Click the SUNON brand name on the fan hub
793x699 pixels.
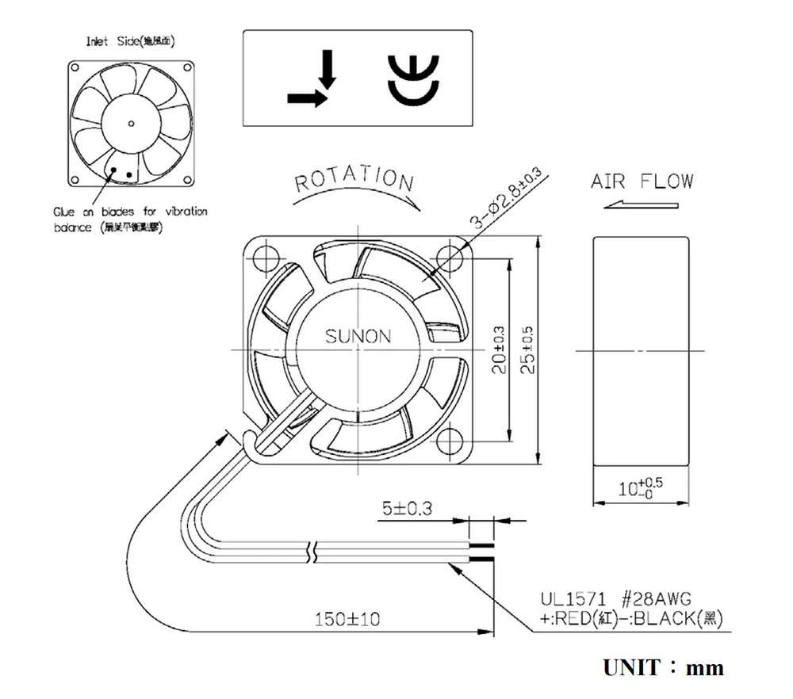point(358,336)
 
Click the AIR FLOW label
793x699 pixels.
point(642,181)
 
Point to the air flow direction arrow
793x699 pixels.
point(641,205)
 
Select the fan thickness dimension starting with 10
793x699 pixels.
point(640,486)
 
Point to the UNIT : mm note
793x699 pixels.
point(663,667)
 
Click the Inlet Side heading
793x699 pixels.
point(130,41)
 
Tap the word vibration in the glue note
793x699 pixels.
point(186,212)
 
